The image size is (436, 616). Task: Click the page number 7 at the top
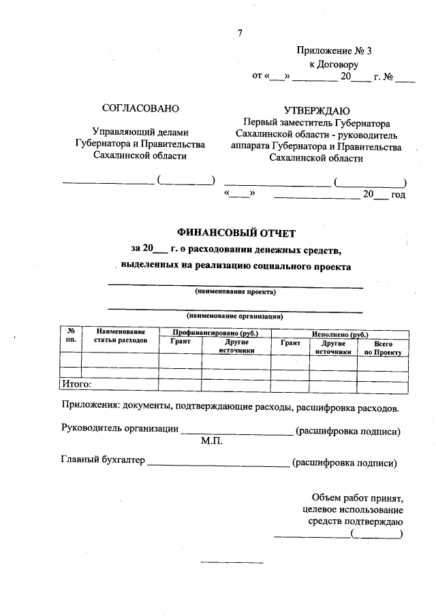click(x=240, y=34)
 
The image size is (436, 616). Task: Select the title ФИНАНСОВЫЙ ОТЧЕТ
click(x=236, y=233)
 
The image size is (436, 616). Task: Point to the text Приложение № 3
click(x=334, y=52)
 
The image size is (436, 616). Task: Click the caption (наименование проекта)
click(x=236, y=292)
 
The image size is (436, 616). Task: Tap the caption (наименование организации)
click(x=235, y=317)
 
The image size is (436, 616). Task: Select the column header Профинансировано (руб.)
click(x=215, y=334)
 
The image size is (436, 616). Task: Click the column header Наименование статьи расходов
click(x=121, y=334)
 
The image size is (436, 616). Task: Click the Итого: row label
click(x=76, y=385)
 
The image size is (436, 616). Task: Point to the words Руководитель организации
click(x=120, y=429)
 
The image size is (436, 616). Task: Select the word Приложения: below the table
click(x=90, y=408)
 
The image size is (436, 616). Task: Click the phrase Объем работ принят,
click(x=356, y=498)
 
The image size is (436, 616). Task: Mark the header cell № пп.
click(x=70, y=334)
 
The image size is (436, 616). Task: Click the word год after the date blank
click(x=398, y=195)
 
